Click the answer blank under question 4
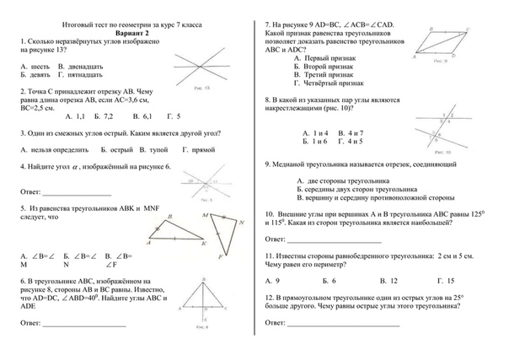77,194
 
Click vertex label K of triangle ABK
204,243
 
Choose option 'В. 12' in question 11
388,279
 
